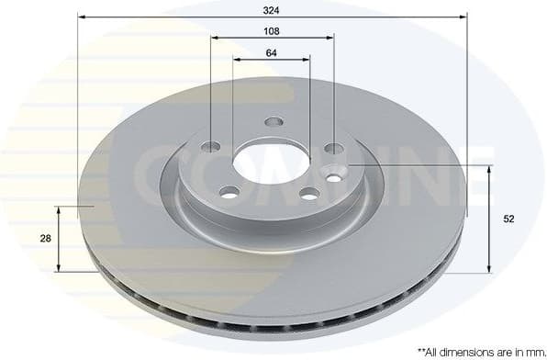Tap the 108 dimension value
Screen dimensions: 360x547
272,30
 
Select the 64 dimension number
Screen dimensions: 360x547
272,52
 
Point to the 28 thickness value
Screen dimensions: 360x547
45,238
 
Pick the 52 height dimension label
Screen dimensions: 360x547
508,219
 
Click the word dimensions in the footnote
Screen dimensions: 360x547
472,351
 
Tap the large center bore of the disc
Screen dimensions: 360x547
261,162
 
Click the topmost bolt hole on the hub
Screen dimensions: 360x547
273,122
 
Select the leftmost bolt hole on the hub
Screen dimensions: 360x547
211,147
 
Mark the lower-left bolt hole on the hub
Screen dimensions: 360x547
229,191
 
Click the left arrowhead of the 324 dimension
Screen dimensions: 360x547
81,17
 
